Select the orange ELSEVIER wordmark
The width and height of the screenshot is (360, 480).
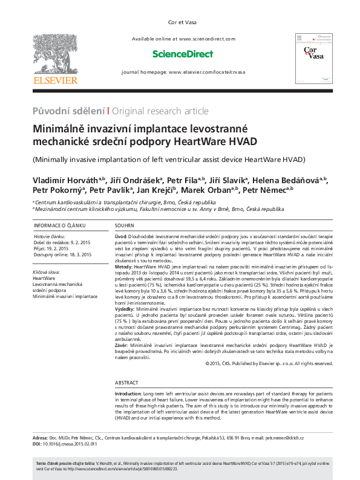(x=55, y=79)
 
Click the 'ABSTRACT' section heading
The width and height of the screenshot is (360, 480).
(x=127, y=383)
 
